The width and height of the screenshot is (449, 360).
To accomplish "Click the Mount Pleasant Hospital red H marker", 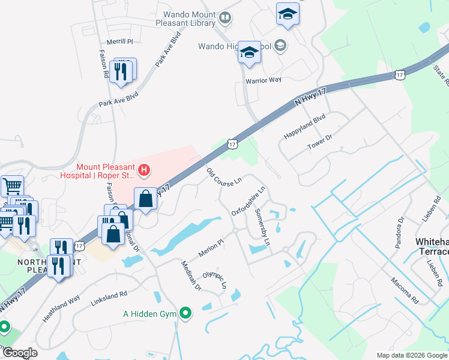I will coord(144,171).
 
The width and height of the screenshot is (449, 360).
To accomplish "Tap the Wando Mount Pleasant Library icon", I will coord(224,18).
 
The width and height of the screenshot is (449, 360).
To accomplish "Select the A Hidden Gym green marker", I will coord(185,313).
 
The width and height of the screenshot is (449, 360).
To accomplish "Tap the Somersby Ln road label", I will coord(263,229).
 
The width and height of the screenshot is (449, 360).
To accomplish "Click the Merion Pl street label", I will coord(211,248).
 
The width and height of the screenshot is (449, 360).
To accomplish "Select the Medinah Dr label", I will coord(191,275).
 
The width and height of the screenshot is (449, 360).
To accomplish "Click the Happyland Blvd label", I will coord(304,127).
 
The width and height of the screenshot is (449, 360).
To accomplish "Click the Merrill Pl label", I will coord(119,41).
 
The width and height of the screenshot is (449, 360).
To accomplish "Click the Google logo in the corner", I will coord(20,353).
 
